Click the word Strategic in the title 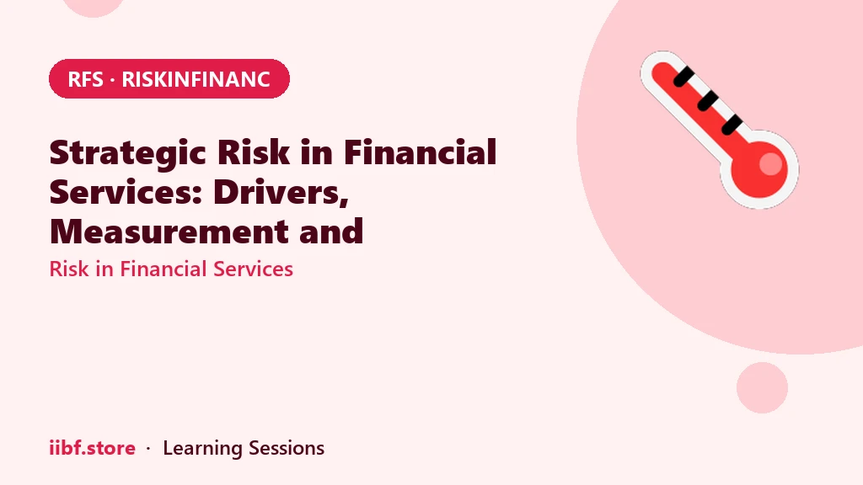click(128, 153)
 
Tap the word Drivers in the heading click(281, 192)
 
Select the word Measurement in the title click(169, 232)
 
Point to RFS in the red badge click(85, 79)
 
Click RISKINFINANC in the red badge click(196, 79)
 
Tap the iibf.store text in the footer click(93, 448)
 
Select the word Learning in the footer click(202, 449)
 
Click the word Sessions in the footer click(287, 448)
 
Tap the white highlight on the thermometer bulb click(770, 164)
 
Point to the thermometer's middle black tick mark click(707, 101)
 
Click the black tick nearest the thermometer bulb click(732, 125)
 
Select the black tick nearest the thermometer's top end click(683, 77)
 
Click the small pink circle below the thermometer click(762, 387)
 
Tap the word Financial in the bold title click(420, 152)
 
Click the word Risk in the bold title click(253, 152)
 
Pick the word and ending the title click(331, 232)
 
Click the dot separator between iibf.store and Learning click(148, 449)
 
